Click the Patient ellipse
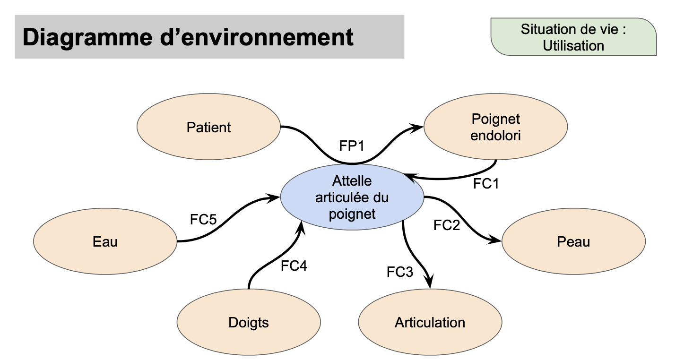coord(208,127)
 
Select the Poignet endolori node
coord(495,127)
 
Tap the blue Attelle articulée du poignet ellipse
coord(352,197)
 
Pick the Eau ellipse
coord(105,242)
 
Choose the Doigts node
coord(248,323)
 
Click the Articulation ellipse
coord(430,323)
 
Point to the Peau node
coord(573,242)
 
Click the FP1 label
coord(352,146)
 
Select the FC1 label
coord(486,184)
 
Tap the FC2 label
coord(446,225)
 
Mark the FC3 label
coord(399,272)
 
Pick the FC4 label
coord(294,266)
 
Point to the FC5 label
coord(203,219)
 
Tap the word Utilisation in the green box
coord(573,46)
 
